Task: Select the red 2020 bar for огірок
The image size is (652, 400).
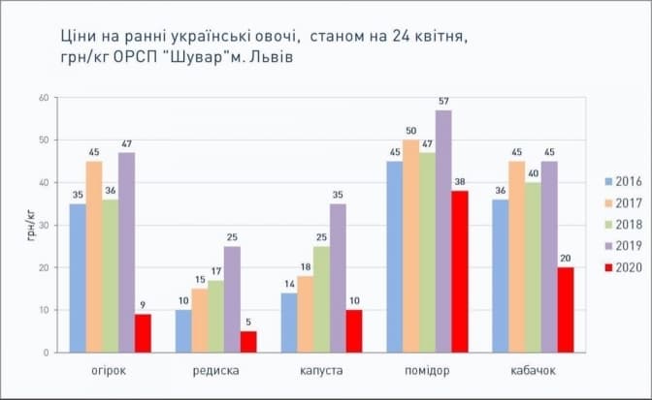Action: (x=143, y=332)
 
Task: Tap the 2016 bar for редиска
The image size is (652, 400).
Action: (x=182, y=330)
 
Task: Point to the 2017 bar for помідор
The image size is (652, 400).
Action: (x=410, y=245)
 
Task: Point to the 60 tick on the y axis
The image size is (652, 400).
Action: (x=44, y=98)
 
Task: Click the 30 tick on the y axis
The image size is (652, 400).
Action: (x=44, y=225)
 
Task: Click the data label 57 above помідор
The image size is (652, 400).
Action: (x=443, y=102)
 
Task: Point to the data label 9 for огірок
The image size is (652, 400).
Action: (x=143, y=305)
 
